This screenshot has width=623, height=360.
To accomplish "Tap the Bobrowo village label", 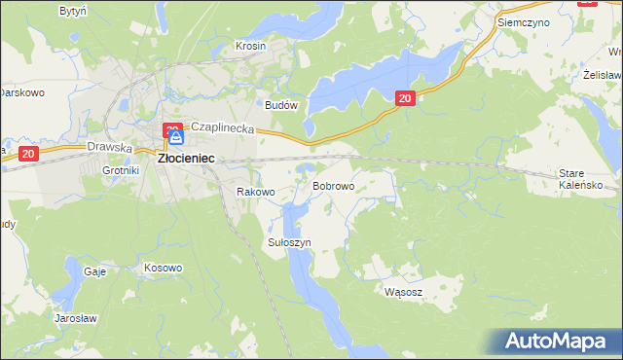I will tap(332, 185).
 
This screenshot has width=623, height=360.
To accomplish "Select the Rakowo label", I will tap(256, 193).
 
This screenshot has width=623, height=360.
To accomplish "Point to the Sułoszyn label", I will tap(289, 242).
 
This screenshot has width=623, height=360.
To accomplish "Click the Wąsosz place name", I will tap(403, 291).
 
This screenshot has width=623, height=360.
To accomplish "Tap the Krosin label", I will tap(250, 46).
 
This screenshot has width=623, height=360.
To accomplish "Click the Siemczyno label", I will tap(523, 20).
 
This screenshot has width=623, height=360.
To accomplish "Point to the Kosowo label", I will tap(163, 268).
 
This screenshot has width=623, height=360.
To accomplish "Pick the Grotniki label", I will tap(122, 170).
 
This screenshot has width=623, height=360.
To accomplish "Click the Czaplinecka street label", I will tap(222, 127).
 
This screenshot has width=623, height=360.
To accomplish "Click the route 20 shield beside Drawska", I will tap(28, 154).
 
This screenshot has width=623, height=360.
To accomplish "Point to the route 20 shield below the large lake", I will tap(406, 97).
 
